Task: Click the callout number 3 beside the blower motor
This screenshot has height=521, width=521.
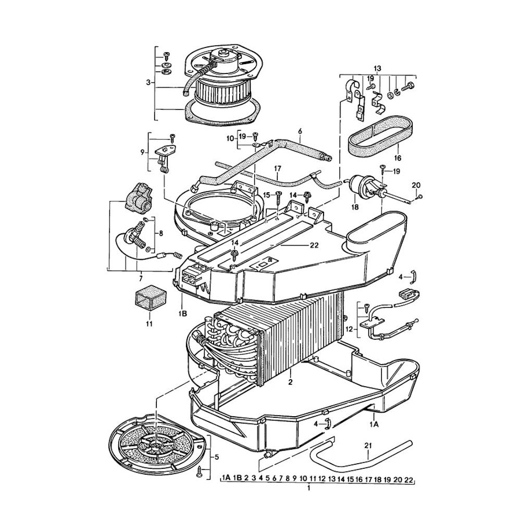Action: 148,82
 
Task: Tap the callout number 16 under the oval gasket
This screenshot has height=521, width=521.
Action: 398,157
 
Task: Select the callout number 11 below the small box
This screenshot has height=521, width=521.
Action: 149,324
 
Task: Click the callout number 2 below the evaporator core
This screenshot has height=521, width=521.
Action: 290,382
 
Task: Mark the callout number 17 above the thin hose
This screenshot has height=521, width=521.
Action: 277,168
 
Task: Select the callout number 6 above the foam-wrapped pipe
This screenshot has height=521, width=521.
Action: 300,132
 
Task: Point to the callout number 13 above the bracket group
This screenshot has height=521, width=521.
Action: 377,68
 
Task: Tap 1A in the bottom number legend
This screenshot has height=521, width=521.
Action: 226,478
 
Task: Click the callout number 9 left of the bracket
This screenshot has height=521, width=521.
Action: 142,152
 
